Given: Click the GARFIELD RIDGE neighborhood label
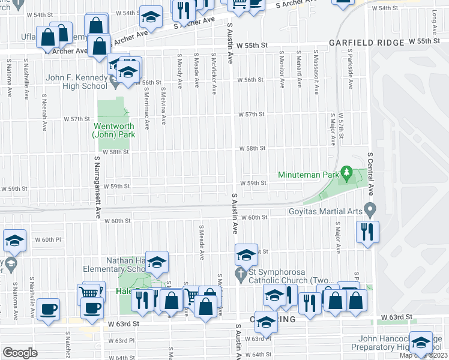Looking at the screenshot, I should pos(366,43).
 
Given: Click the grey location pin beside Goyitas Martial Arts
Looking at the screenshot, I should pos(370,211).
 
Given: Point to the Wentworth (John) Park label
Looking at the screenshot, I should pos(113,130).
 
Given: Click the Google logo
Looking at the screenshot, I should pos(20,352).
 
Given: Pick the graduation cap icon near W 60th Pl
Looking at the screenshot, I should pos(14,241).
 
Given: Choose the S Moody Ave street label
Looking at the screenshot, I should pos(179,70).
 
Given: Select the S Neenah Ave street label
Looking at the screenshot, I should pos(44,114).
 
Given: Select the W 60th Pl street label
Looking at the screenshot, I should pos(56,239).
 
